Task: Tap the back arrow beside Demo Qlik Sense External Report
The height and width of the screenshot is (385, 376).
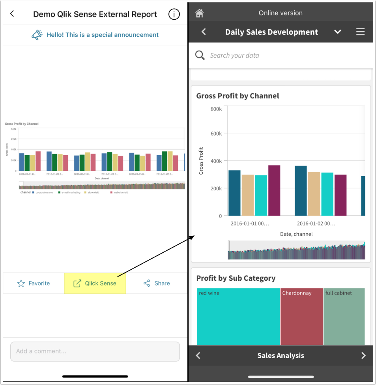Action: click(12, 14)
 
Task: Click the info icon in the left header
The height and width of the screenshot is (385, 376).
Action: click(174, 14)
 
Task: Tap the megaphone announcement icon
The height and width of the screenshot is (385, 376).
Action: click(37, 35)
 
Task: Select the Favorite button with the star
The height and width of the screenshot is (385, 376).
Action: click(34, 283)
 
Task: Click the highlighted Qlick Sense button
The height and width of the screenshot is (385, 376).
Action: click(95, 283)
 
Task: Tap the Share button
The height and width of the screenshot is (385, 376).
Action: click(157, 283)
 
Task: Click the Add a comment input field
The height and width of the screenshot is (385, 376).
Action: click(95, 351)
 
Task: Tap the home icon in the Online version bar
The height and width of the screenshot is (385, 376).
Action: click(200, 13)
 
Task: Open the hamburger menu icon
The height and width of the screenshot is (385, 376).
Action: click(360, 32)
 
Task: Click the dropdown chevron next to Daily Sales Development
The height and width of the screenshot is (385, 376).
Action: click(338, 32)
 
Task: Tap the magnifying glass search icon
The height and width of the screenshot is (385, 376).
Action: click(200, 55)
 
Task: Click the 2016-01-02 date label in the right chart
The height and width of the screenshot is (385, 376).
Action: click(316, 223)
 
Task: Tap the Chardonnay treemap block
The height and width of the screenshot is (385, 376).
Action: click(301, 316)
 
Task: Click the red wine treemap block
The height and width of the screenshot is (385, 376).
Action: click(238, 316)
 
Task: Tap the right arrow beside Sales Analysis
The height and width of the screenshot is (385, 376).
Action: click(363, 355)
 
